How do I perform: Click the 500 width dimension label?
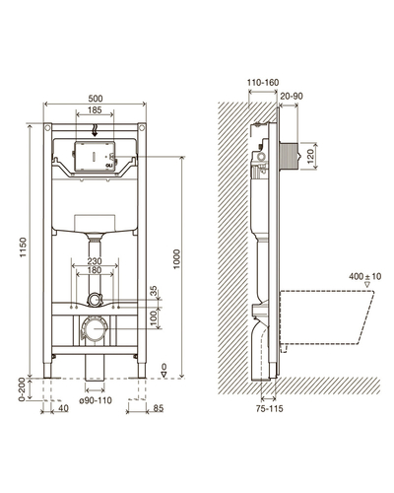coord(96,99)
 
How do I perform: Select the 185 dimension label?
coord(95,109)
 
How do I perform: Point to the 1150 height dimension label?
coord(23,247)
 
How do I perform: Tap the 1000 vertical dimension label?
coord(177,259)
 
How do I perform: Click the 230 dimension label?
coord(95,261)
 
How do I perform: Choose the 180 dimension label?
coord(95,270)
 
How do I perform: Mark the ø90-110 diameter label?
coord(96,400)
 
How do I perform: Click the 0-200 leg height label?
coord(22,389)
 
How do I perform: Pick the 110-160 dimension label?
coord(263,83)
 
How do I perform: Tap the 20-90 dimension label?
coord(292,96)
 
